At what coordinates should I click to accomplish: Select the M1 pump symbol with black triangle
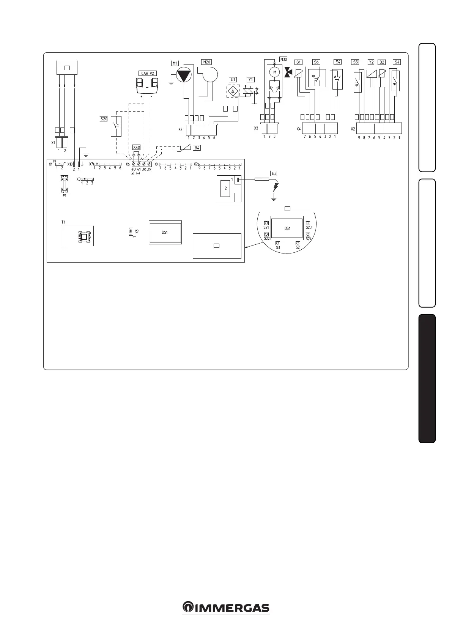(185, 76)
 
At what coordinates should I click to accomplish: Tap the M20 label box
(206, 62)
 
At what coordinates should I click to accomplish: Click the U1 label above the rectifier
(233, 80)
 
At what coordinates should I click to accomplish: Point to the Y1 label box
(250, 80)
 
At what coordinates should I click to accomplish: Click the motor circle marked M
(274, 72)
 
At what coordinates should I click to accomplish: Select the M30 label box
(283, 59)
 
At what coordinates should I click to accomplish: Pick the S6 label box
(316, 62)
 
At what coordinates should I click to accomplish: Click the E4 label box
(337, 62)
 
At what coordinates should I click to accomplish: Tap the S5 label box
(355, 62)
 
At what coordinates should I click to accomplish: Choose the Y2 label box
(371, 62)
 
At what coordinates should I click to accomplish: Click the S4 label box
(397, 62)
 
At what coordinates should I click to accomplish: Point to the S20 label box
(104, 119)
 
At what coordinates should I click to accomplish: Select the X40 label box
(137, 147)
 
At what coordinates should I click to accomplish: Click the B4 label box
(197, 148)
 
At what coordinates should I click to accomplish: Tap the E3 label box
(274, 173)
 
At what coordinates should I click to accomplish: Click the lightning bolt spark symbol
(276, 187)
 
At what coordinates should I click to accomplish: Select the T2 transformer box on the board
(225, 189)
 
